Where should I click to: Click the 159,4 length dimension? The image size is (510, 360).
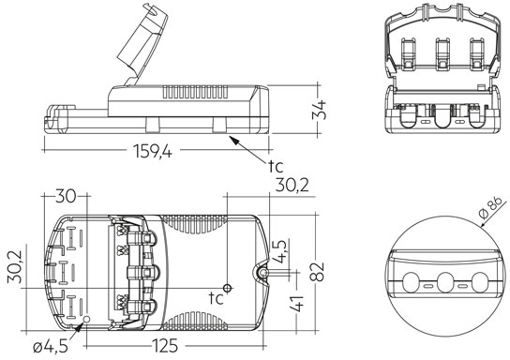point(153,151)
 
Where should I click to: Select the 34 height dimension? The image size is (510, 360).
point(319,111)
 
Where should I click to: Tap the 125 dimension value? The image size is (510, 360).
point(165,345)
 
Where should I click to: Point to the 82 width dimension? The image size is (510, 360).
point(317,271)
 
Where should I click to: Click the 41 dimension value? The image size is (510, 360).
point(296,304)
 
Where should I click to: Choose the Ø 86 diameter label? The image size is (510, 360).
point(492,208)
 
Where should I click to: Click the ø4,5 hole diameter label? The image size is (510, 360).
point(51,347)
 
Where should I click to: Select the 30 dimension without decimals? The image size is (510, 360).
point(66,196)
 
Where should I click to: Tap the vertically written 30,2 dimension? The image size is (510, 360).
point(15,266)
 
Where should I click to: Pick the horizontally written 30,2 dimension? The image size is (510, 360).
point(292,186)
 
